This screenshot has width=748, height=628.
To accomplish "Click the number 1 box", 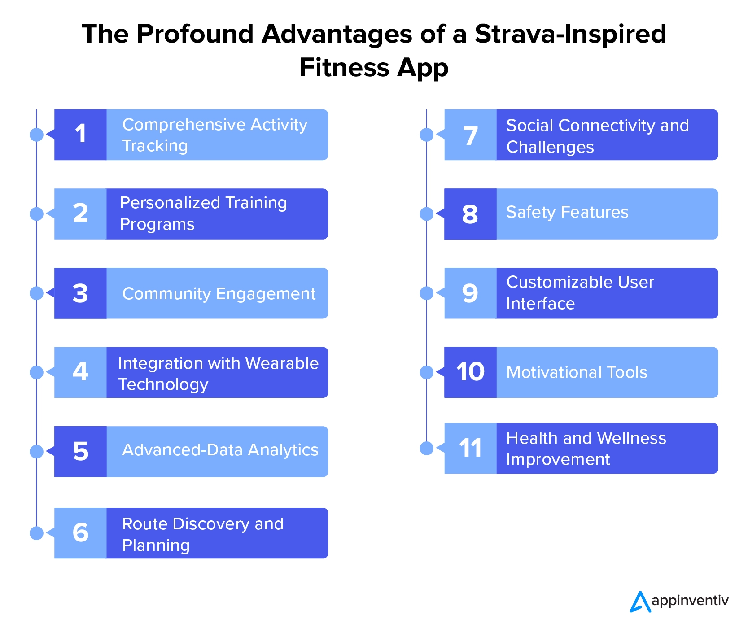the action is coord(80,135).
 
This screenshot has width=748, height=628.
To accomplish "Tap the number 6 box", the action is coord(80,533).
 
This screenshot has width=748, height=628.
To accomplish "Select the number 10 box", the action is coord(470,372).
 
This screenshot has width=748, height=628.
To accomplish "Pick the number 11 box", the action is coord(470,448).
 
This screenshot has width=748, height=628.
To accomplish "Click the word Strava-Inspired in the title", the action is coord(570,35).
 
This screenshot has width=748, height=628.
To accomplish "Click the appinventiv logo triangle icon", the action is coord(640,602).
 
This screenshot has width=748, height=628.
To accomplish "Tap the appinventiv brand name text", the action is coord(690,601).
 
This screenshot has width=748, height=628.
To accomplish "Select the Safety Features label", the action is coord(567,213).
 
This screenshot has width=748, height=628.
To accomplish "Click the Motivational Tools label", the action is coord(577,372).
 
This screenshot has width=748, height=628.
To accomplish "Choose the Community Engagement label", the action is coord(219,294).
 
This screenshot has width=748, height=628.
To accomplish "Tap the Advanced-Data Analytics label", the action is coord(220,450).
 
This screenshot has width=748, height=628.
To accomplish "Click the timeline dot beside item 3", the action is coord(36,293).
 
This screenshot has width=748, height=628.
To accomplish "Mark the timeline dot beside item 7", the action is coord(427,134).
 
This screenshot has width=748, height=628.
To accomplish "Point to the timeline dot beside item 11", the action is coord(427,448).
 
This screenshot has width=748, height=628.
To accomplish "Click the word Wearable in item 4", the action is coord(282,363).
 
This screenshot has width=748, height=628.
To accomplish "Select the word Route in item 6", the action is coord(145,524).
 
